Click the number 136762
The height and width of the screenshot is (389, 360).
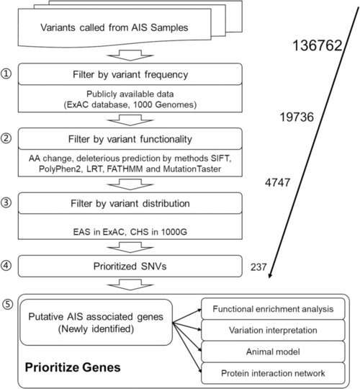coord(317,45)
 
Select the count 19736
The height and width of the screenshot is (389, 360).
coord(297,117)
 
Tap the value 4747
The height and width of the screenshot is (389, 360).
coord(277,182)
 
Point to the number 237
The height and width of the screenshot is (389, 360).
coord(258,267)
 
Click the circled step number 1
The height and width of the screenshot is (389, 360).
coord(6,73)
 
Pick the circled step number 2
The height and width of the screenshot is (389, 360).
coord(6,138)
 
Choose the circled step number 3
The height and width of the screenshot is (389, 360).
coord(6,202)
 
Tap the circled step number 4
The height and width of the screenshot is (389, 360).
coord(6,265)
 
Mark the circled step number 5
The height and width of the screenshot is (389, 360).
coord(7,304)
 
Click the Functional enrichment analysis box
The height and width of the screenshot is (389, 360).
coord(273,309)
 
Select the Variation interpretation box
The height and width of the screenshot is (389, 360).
coord(273,330)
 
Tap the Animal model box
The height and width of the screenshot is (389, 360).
coord(273,352)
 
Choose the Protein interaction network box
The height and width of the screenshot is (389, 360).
coord(273,373)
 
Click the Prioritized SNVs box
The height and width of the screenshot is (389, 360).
coord(130,267)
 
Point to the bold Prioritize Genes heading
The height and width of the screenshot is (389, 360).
coord(73,367)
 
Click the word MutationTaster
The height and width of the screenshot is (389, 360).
coord(192,169)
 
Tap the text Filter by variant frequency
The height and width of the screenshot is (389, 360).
coord(130,74)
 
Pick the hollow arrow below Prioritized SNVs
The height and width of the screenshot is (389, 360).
coord(130,285)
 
